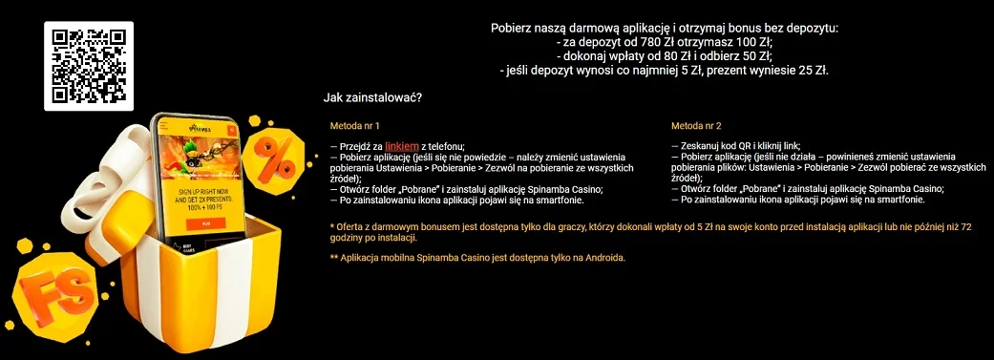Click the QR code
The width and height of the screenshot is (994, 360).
[89, 64]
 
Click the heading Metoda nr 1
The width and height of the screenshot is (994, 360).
[355, 125]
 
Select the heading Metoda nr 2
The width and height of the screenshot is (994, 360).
[695, 125]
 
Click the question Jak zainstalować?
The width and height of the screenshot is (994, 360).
[373, 96]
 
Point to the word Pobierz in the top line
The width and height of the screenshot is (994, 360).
[513, 28]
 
